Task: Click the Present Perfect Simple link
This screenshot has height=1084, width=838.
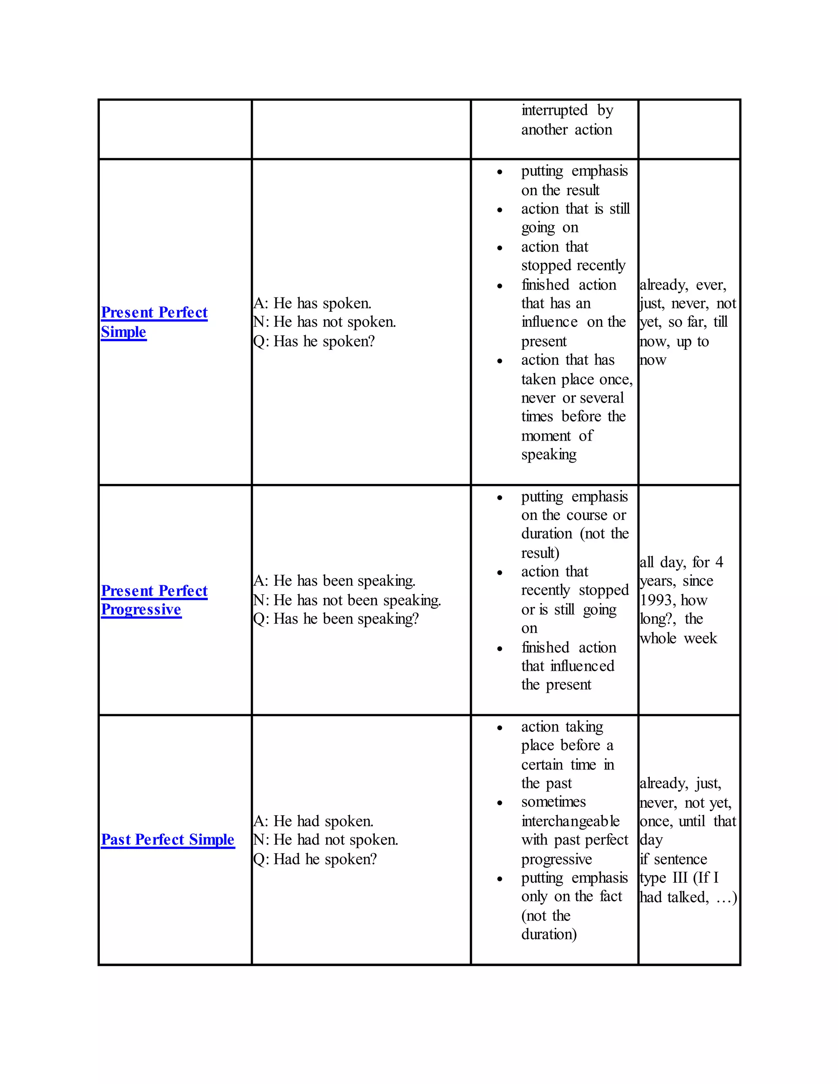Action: point(154,321)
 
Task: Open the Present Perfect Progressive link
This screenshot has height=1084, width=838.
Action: point(154,600)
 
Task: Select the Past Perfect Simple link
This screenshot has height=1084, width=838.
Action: point(168,839)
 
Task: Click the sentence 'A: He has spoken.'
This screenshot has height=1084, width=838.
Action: point(312,303)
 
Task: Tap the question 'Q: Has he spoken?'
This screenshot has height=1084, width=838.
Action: point(314,341)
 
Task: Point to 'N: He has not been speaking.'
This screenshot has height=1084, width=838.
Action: point(347,600)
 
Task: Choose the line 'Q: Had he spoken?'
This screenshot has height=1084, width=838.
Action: point(315,859)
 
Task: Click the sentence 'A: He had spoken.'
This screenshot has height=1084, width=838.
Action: point(313,821)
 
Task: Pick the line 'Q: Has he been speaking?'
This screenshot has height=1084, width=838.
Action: point(336,618)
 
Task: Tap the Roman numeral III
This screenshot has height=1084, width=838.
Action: point(680,877)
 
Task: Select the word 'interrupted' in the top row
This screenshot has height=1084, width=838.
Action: point(554,110)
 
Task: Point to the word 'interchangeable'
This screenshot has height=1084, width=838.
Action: point(570,821)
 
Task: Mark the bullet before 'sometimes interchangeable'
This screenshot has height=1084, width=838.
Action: point(500,803)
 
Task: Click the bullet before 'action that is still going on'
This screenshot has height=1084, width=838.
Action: point(500,209)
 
